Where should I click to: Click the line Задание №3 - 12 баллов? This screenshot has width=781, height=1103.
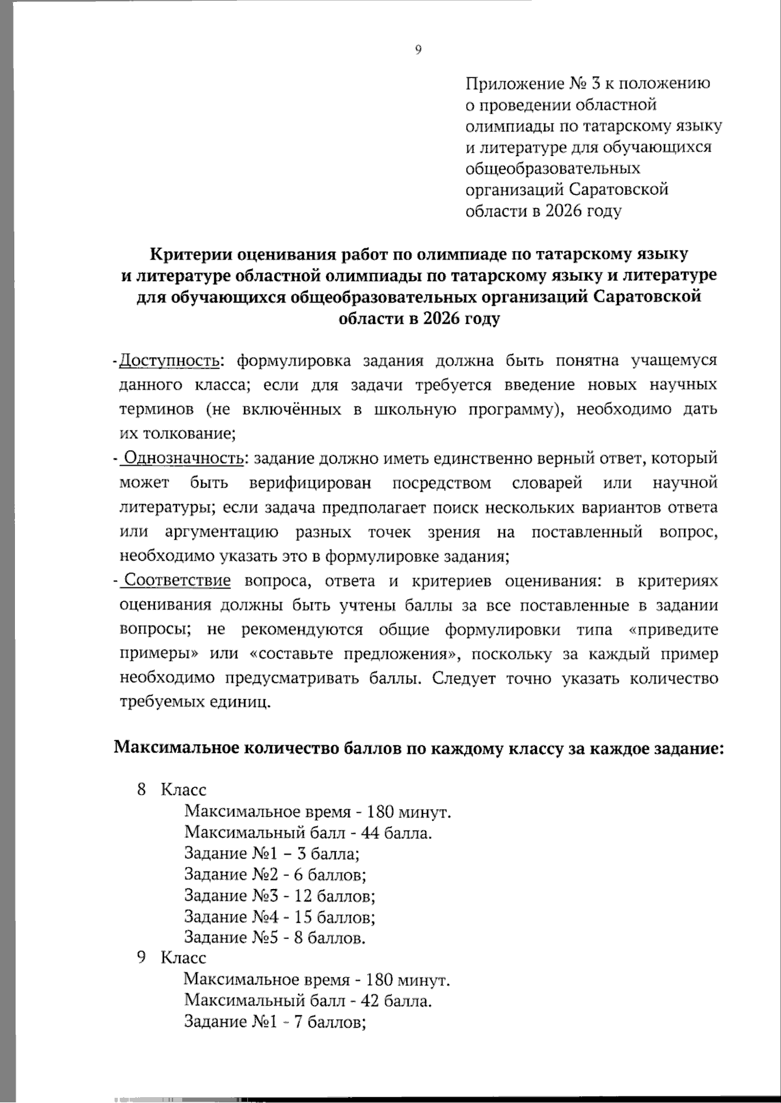pyautogui.click(x=280, y=896)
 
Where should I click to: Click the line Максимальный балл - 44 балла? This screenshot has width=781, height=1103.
pyautogui.click(x=308, y=832)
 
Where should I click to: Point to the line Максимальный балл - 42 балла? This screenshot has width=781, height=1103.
pyautogui.click(x=308, y=1000)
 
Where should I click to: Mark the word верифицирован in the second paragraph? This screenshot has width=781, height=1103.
pyautogui.click(x=310, y=483)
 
